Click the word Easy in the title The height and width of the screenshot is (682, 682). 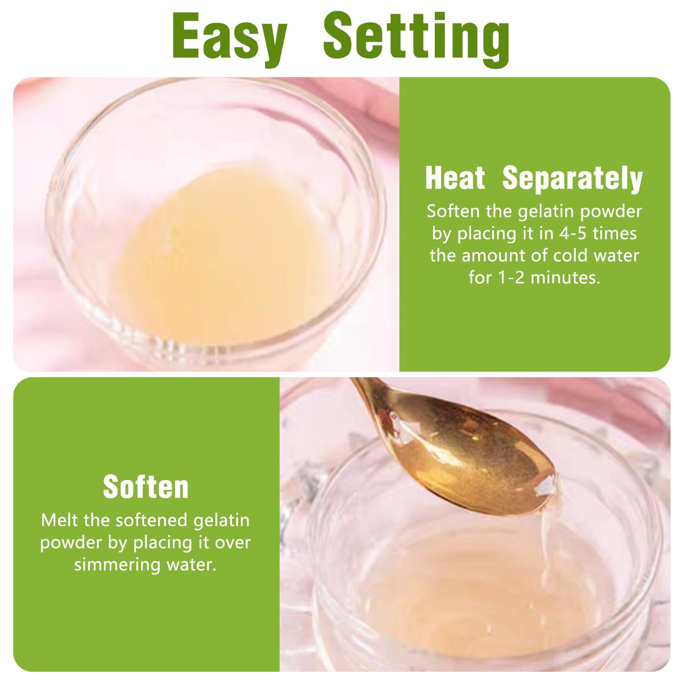click(230, 38)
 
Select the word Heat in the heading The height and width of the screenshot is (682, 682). click(455, 178)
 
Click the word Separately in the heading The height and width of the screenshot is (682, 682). click(572, 179)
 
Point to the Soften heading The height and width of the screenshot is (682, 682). click(146, 487)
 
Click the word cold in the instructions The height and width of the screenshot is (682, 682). click(571, 255)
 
